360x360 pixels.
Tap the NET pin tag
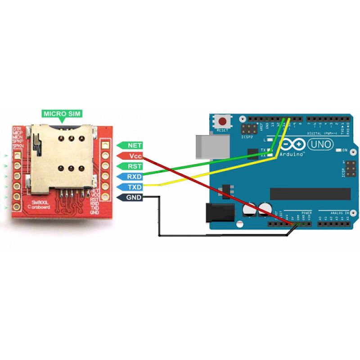[x=131, y=145]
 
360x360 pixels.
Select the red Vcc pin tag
[x=131, y=156]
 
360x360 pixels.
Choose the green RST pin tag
[x=131, y=166]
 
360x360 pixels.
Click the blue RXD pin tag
[x=131, y=176]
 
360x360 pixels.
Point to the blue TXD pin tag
[x=131, y=187]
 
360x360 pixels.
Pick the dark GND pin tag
[x=131, y=197]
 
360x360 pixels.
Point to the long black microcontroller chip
[x=310, y=193]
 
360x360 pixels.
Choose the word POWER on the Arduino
[x=306, y=212]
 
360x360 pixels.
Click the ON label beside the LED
[x=345, y=150]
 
